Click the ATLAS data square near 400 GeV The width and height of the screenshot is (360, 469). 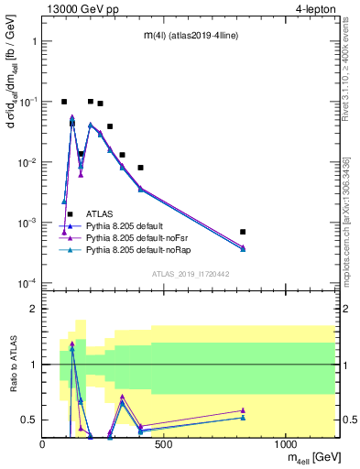140,168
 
